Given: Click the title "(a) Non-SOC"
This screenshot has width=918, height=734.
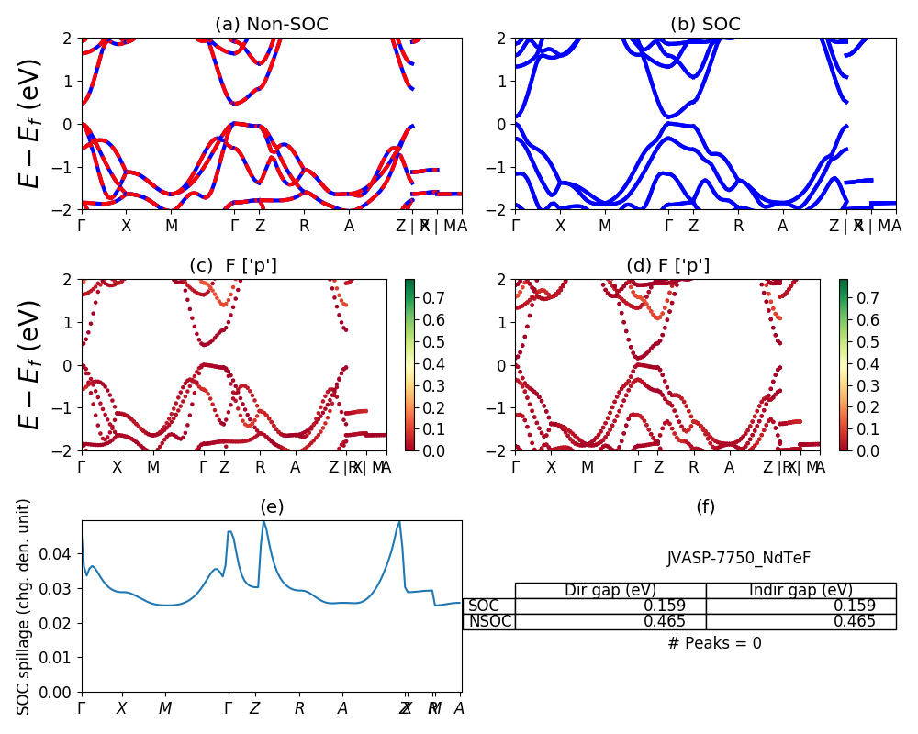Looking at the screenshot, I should (271, 25).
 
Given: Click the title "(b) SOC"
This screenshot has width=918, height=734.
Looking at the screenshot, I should (705, 25).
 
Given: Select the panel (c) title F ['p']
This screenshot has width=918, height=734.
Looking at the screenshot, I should (233, 266).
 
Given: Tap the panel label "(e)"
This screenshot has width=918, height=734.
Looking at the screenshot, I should (272, 507).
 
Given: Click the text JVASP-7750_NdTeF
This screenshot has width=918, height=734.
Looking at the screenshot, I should (738, 558).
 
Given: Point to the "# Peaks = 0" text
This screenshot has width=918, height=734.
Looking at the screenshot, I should (714, 643).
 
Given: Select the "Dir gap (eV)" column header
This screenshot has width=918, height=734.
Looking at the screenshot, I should (610, 590).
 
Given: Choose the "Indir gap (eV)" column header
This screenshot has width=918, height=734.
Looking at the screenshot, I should (800, 590).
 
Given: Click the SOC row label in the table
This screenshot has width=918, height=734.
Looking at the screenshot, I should (484, 606).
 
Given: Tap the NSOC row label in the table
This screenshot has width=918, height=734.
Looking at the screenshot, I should (489, 621).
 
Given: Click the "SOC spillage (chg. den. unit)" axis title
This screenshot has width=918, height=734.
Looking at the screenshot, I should (25, 606).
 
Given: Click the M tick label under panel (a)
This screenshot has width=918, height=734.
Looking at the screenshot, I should (171, 226).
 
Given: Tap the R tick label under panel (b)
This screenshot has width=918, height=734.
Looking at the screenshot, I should (738, 226).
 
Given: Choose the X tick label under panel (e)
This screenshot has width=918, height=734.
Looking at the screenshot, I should (122, 708).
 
